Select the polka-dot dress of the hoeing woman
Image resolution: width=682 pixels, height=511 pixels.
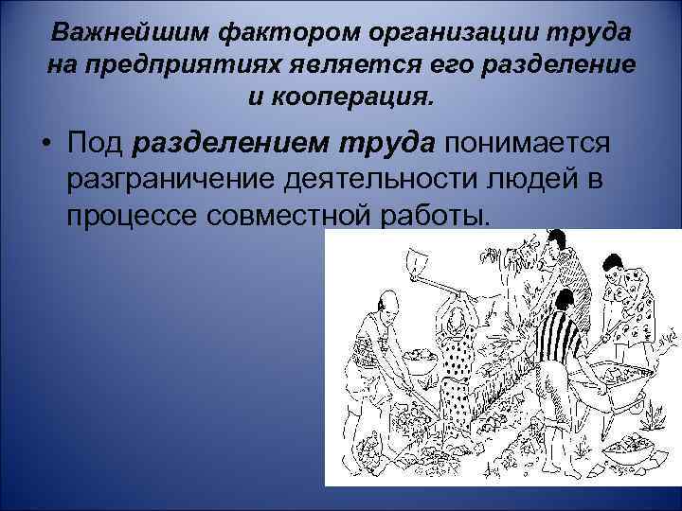pos(458,361)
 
